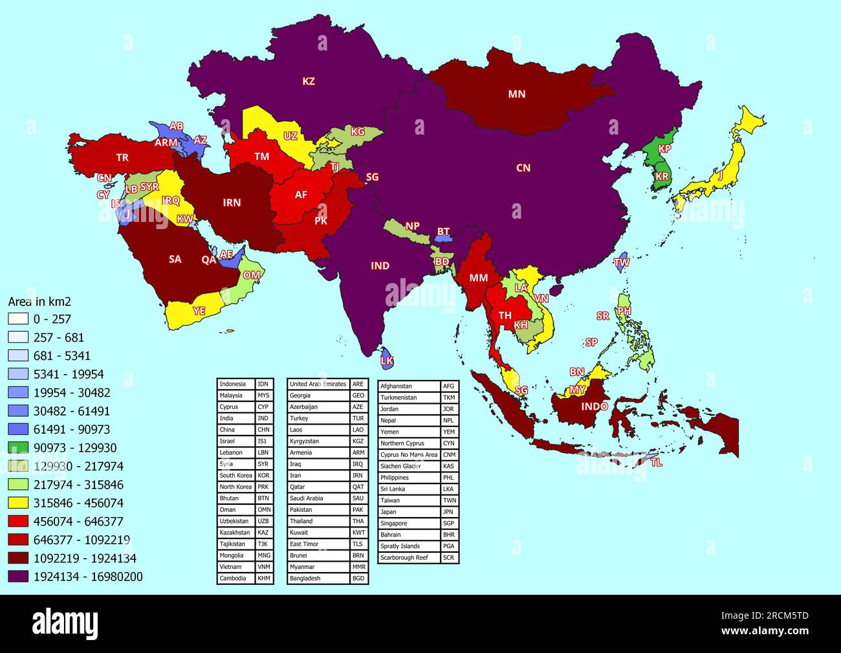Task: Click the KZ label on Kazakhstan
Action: tap(309, 82)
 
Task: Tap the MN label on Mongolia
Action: tap(516, 94)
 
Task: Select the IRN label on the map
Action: tap(232, 203)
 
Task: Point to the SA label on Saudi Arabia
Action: tap(175, 260)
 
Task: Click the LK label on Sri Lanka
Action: tap(387, 360)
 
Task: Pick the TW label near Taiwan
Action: tap(622, 263)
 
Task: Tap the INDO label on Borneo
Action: tap(594, 406)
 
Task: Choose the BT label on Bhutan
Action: tap(443, 232)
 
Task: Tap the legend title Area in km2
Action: tap(39, 302)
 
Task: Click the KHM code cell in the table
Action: tap(264, 578)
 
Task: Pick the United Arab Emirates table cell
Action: tap(318, 384)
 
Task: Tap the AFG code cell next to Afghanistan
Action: tap(449, 386)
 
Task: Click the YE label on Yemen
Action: tap(199, 311)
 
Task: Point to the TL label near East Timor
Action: tap(657, 463)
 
